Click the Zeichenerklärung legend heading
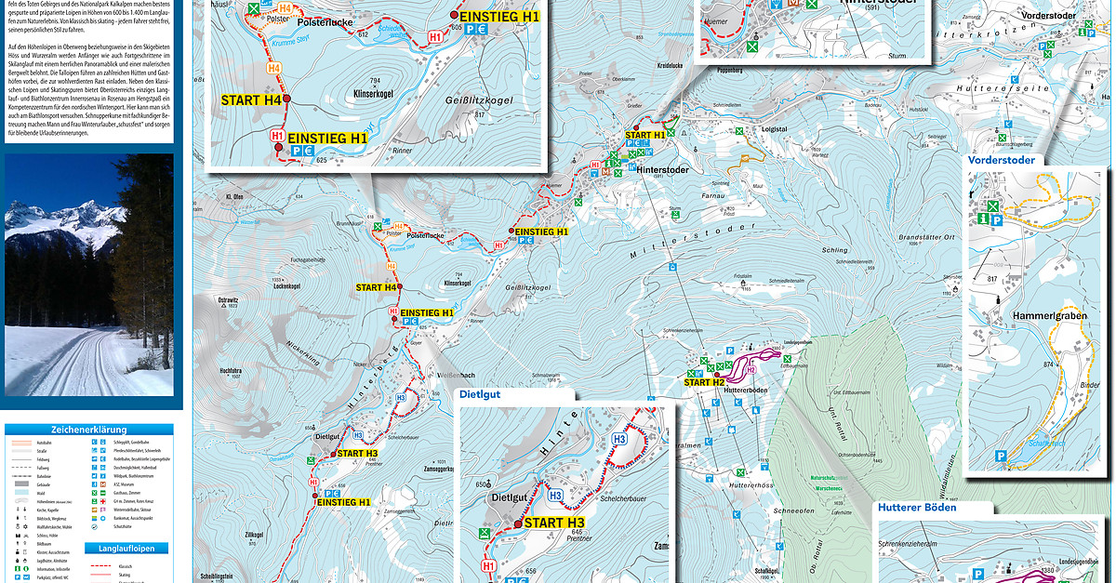(89, 431)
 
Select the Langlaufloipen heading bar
(126, 548)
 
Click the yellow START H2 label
(704, 382)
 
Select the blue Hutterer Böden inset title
(915, 508)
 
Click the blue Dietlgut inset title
(480, 394)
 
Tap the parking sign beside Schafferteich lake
(1000, 456)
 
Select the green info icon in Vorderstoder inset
(983, 219)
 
